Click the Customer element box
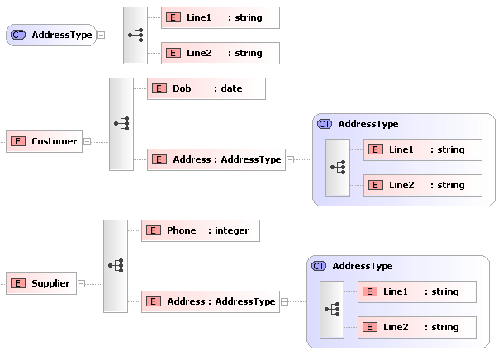45,141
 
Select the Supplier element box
41,283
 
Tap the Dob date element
206,88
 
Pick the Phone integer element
201,230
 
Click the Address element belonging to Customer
216,159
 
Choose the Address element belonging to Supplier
211,301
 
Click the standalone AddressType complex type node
50,35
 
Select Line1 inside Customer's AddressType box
422,149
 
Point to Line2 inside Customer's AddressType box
422,185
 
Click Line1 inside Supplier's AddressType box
416,291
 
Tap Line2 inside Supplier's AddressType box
416,327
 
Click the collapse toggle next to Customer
88,141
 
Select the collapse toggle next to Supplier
82,283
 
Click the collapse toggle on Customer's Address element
291,160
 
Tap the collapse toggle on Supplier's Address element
285,302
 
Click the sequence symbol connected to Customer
121,124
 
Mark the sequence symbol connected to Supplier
116,266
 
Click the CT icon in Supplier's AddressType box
319,266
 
